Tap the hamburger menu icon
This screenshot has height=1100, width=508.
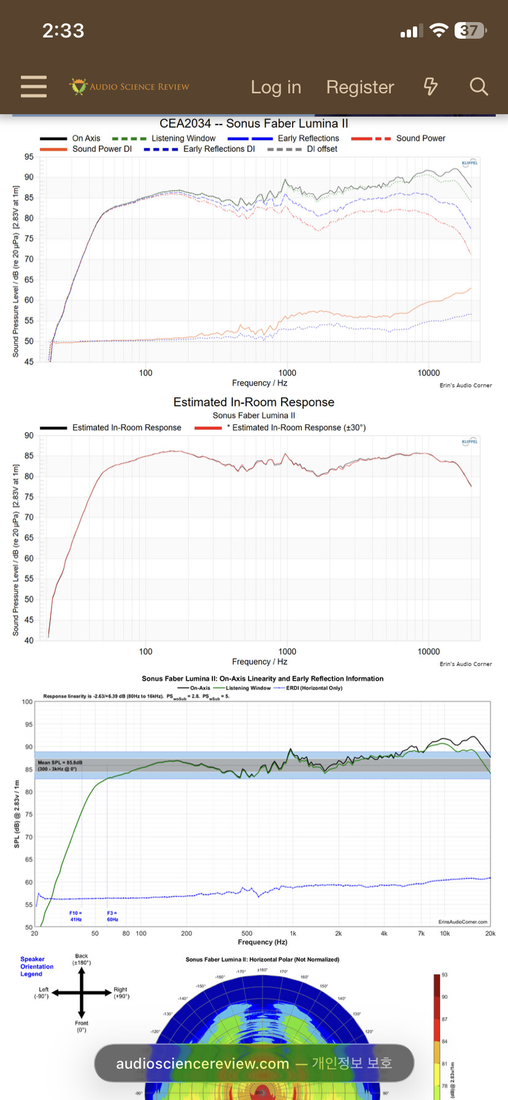(x=34, y=87)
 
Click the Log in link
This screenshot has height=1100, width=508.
(x=276, y=87)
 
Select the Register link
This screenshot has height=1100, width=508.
(x=360, y=87)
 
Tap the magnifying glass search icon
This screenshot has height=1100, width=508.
(x=479, y=87)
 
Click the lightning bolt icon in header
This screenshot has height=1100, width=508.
(x=431, y=87)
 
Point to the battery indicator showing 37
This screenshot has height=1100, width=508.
(x=470, y=31)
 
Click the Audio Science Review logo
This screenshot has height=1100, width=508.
(x=129, y=87)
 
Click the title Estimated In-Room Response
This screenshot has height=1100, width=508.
(x=253, y=402)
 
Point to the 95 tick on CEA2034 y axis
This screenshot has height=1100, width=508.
(x=29, y=157)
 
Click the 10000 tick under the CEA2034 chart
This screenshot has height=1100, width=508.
(x=428, y=373)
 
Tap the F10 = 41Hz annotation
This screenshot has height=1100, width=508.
(x=75, y=916)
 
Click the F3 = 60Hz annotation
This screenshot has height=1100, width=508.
(x=112, y=916)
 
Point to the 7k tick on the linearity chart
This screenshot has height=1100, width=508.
(x=421, y=934)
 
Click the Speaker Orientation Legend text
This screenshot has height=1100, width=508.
(x=36, y=967)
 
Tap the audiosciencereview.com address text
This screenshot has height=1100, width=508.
(x=202, y=1064)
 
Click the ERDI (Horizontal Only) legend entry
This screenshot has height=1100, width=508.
(x=314, y=688)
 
